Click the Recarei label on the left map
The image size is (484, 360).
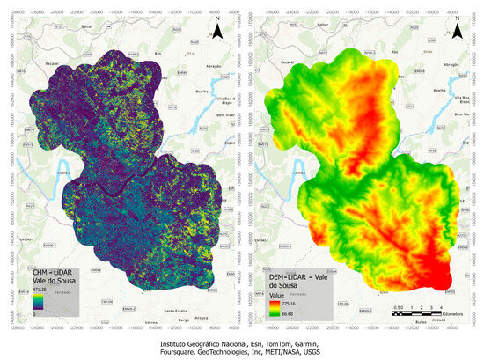(33, 64)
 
